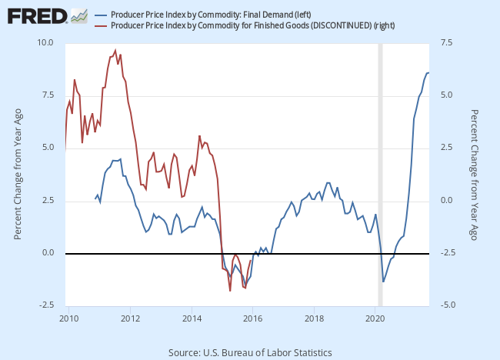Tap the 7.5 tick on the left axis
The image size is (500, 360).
click(x=47, y=95)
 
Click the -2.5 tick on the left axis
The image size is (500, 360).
click(x=45, y=305)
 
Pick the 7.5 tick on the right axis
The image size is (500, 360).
click(x=448, y=42)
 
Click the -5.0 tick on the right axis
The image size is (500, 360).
click(x=448, y=305)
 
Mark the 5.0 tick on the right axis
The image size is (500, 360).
click(x=448, y=95)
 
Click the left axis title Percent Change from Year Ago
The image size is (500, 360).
click(x=18, y=174)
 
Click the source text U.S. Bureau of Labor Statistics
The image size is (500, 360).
click(x=250, y=352)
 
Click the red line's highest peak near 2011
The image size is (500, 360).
click(x=115, y=50)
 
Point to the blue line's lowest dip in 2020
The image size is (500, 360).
click(x=383, y=282)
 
